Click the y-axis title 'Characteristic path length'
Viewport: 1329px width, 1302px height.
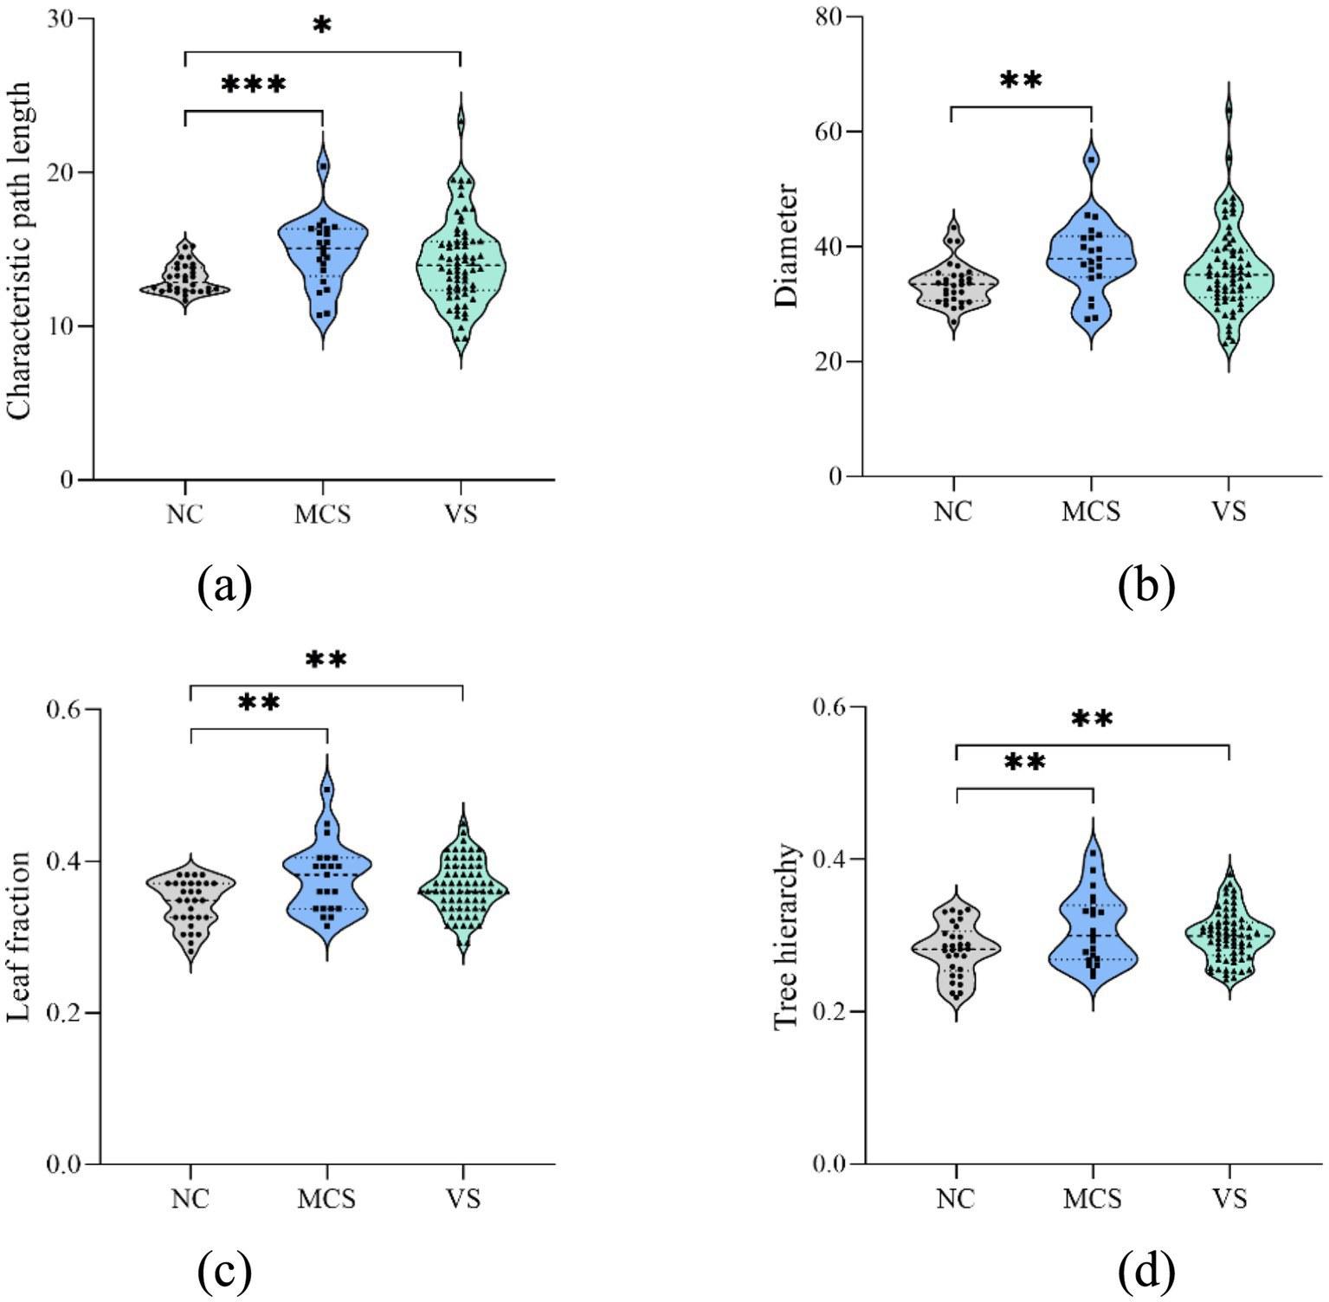tap(19, 251)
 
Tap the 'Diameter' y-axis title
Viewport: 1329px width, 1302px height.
tap(786, 245)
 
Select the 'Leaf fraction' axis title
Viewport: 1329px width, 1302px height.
tap(19, 936)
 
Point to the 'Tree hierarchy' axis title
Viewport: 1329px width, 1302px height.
tap(785, 936)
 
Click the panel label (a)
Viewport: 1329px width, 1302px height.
tap(224, 586)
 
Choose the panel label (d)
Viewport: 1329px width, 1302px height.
tap(1146, 1271)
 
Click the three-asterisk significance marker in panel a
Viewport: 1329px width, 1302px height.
tap(254, 85)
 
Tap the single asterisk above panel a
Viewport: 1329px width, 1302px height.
tap(322, 26)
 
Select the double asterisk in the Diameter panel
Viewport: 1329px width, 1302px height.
tap(1021, 81)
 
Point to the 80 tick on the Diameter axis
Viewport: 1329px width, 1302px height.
tap(829, 17)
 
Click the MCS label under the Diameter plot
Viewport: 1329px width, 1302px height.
tap(1091, 512)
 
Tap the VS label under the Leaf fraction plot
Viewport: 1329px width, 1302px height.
tap(463, 1199)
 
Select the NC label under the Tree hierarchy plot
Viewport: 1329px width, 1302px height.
tap(956, 1199)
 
